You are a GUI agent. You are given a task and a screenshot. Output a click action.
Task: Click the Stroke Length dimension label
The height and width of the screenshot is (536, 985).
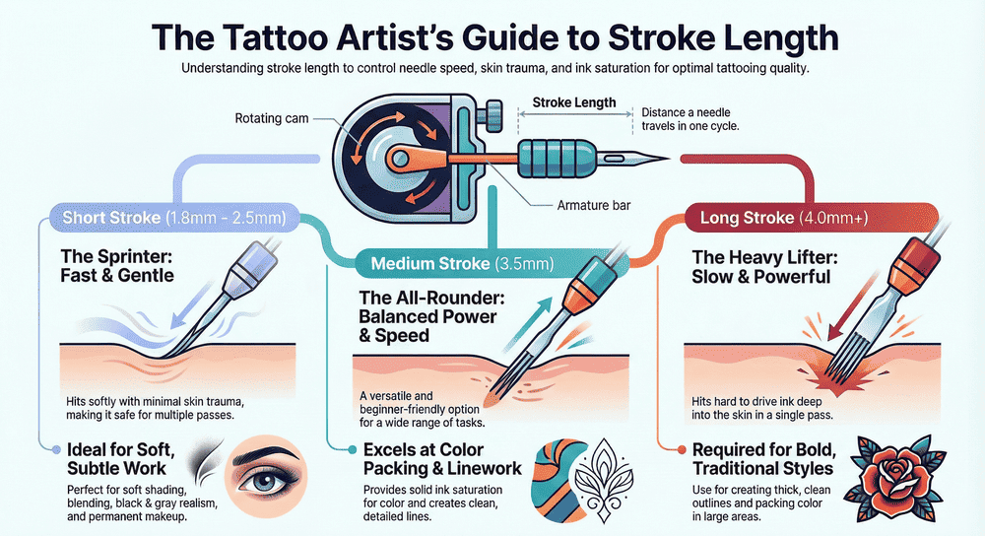[x=574, y=102]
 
